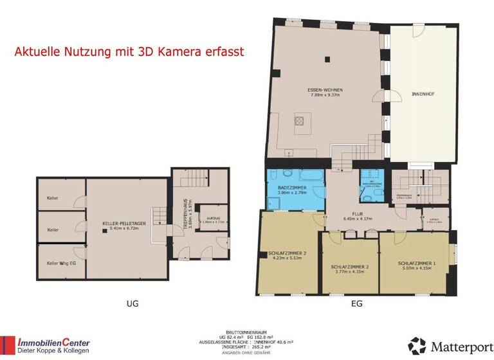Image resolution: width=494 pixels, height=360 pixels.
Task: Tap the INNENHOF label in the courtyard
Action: tap(423, 94)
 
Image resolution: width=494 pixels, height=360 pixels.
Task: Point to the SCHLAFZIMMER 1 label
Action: tap(417, 263)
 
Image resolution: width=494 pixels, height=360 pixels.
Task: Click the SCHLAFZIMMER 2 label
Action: tap(349, 266)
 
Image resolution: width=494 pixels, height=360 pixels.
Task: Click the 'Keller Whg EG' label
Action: tap(61, 262)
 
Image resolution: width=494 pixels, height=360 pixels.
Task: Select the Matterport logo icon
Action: tap(417, 346)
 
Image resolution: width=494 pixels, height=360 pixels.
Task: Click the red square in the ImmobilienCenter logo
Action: tap(8, 346)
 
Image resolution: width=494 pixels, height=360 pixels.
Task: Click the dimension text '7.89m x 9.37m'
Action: tap(325, 95)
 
